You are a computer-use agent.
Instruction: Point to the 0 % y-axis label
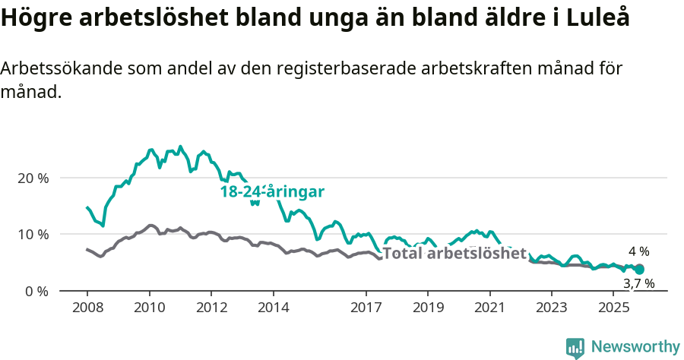point(37,291)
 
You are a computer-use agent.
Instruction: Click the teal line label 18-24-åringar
point(272,191)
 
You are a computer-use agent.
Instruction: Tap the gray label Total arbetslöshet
point(454,254)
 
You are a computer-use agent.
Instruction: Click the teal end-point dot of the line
point(639,269)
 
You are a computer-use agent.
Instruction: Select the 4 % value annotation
point(638,251)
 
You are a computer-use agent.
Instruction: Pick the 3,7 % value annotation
point(638,283)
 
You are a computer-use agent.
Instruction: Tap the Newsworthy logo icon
point(575,348)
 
